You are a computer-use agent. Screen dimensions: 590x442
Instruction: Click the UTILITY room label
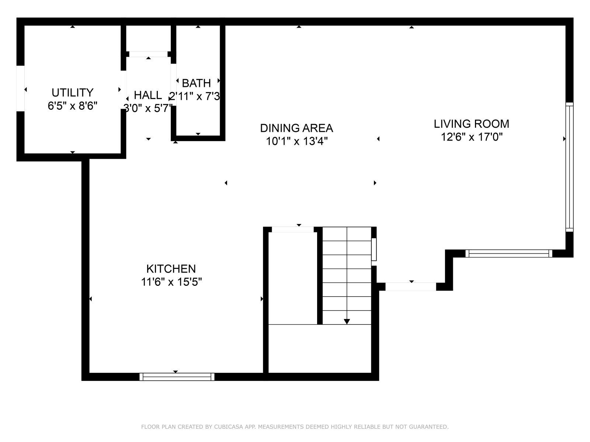click(x=72, y=92)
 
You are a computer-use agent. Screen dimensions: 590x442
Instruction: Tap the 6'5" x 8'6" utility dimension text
click(x=72, y=106)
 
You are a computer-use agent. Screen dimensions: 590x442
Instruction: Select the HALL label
click(x=148, y=95)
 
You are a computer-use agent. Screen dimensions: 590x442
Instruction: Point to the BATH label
click(x=196, y=83)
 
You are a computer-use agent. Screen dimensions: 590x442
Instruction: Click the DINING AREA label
click(x=296, y=128)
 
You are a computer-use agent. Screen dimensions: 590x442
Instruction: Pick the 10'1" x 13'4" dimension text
click(x=296, y=141)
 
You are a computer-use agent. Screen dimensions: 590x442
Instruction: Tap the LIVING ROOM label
click(x=472, y=124)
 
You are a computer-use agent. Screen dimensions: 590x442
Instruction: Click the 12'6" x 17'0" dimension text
click(x=472, y=137)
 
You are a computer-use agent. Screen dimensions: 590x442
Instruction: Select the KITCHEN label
click(x=171, y=269)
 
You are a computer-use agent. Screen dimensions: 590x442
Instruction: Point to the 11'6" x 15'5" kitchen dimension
click(x=171, y=282)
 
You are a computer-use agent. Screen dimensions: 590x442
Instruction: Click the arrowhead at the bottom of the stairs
click(x=347, y=321)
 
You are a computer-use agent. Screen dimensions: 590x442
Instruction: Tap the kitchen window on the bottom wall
click(x=177, y=376)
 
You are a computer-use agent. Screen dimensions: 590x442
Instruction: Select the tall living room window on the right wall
click(x=569, y=166)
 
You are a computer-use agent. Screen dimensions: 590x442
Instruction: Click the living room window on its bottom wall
click(x=509, y=253)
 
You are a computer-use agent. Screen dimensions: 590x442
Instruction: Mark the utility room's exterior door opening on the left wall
click(x=20, y=88)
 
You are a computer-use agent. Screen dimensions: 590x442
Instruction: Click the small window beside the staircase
click(x=374, y=249)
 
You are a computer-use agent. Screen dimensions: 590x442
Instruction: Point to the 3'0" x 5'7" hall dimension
click(x=148, y=108)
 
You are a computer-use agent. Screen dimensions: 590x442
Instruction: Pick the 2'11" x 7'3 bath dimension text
click(x=195, y=96)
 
